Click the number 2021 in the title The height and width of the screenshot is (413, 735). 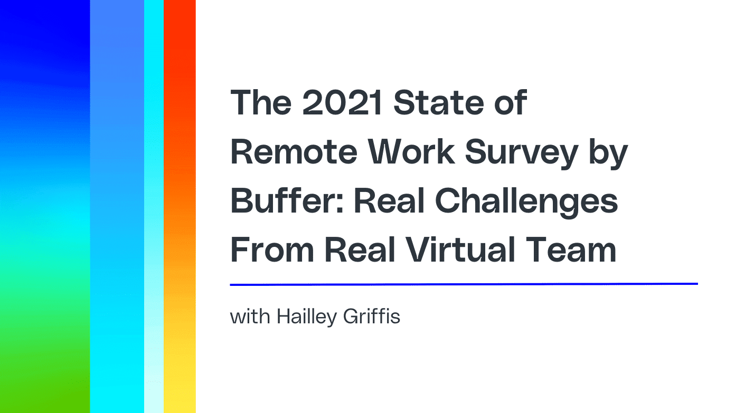[x=342, y=103]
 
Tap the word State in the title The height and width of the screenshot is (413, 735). [x=439, y=103]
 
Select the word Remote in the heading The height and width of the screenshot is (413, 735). [x=294, y=152]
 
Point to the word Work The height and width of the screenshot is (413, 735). [x=411, y=152]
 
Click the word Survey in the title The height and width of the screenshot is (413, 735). [x=521, y=154]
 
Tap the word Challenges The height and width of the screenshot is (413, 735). [x=526, y=203]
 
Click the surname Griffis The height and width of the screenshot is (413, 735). [x=371, y=316]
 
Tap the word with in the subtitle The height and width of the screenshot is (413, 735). [x=250, y=316]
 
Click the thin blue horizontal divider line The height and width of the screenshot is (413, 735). [x=464, y=284]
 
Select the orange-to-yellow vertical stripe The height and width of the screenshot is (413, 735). [x=180, y=207]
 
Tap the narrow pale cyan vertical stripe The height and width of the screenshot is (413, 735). [x=154, y=207]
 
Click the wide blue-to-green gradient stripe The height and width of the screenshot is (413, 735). [x=45, y=207]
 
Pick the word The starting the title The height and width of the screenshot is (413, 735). [x=261, y=103]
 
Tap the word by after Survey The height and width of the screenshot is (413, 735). [x=608, y=154]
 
